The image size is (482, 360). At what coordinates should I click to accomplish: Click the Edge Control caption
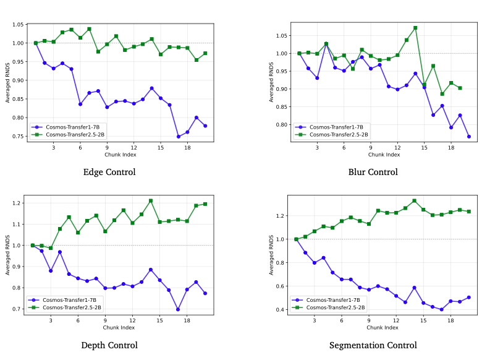click(x=109, y=172)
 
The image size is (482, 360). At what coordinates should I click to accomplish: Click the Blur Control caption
click(x=373, y=172)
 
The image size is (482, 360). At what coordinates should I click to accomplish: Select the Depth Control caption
click(x=109, y=345)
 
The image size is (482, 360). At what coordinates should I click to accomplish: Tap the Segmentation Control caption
click(x=373, y=345)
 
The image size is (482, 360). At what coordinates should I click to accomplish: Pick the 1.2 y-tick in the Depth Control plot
click(x=19, y=204)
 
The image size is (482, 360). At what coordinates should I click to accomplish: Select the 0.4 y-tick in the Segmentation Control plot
click(x=282, y=309)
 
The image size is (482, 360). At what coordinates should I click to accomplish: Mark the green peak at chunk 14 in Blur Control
click(x=415, y=28)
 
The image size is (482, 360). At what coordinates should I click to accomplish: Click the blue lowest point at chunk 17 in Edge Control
click(x=179, y=137)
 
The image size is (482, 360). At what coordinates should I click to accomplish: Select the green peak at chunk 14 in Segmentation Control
click(x=414, y=201)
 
